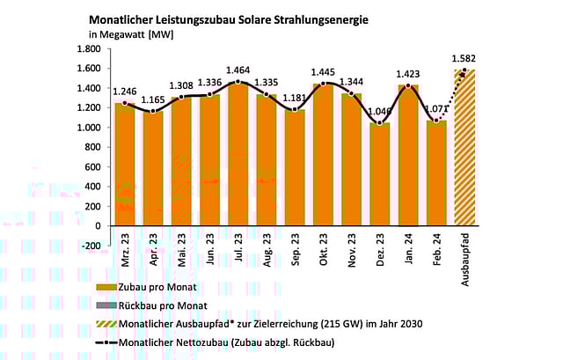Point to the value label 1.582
pos(464,60)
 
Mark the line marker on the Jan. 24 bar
pos(407,86)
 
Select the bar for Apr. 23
pos(153,168)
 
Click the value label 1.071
pos(437,110)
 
